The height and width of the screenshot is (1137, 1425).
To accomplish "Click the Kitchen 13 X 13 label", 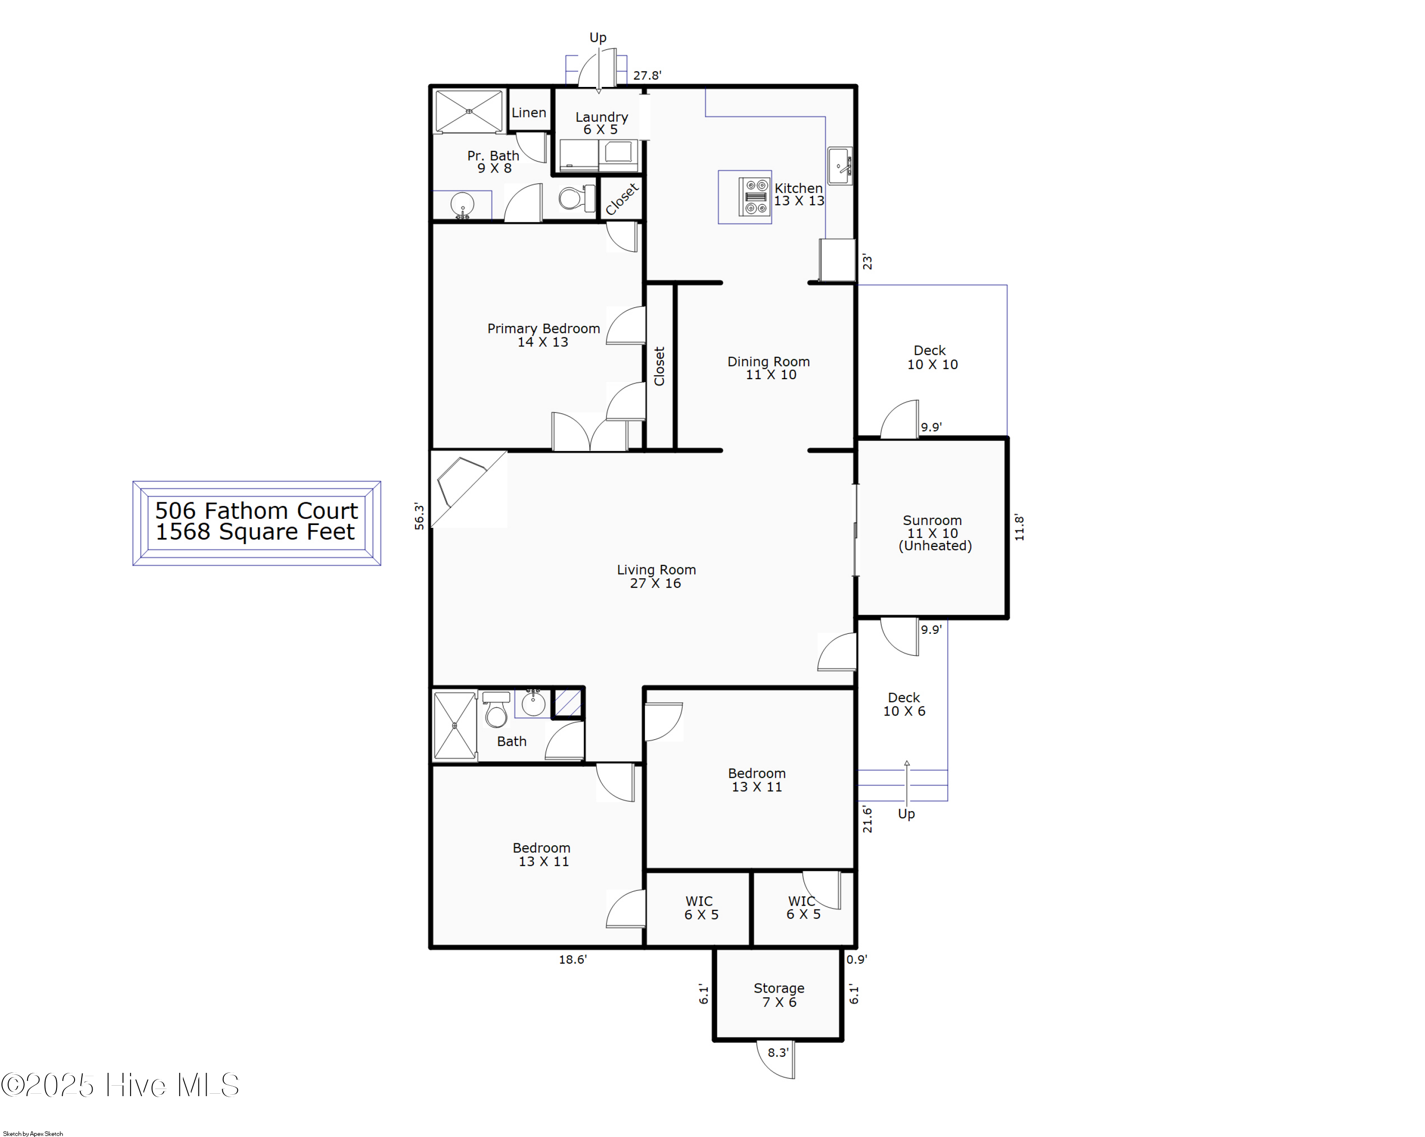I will tap(798, 194).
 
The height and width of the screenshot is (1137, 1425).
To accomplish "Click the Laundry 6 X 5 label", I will tap(601, 123).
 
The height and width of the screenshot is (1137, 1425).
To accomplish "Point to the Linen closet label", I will tap(529, 113).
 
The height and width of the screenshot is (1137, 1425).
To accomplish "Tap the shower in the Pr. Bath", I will tap(469, 111).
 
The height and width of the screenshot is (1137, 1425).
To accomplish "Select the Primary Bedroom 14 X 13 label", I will tap(543, 335).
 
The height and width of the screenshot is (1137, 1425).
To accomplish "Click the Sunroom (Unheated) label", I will tap(933, 533).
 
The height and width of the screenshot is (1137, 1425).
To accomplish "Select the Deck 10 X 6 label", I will tap(904, 705).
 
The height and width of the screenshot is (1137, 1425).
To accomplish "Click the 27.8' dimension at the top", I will tap(646, 76).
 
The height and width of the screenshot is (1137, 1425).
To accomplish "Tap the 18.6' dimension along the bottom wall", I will tap(572, 960).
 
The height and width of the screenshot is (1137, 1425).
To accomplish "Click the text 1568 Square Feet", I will tap(255, 532).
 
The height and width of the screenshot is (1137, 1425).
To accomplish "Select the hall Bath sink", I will tap(533, 703).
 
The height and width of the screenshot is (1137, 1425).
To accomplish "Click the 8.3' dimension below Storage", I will tap(778, 1052).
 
